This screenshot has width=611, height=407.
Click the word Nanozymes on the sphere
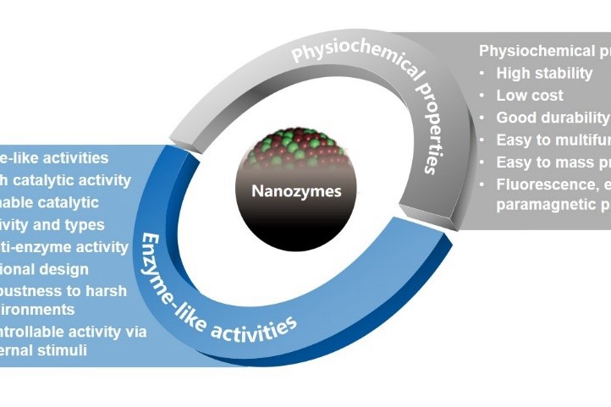pyautogui.click(x=296, y=191)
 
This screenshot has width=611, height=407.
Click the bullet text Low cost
pyautogui.click(x=530, y=95)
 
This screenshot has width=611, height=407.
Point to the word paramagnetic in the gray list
pyautogui.click(x=541, y=204)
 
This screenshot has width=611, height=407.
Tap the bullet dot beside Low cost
pyautogui.click(x=482, y=95)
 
